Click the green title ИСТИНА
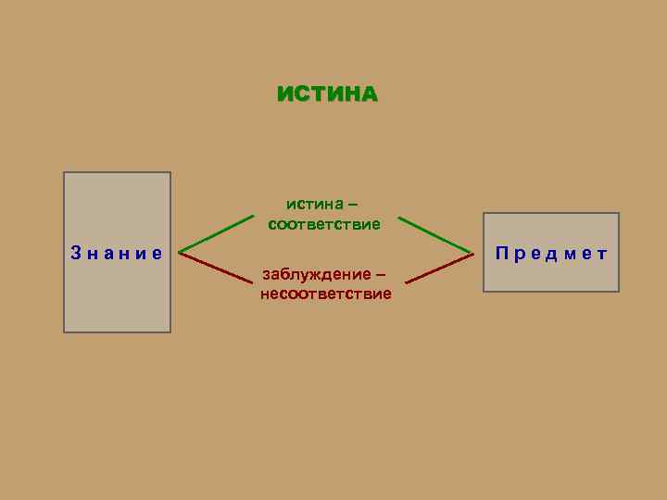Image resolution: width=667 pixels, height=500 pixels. pyautogui.click(x=327, y=94)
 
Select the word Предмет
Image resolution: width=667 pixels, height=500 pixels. pyautogui.click(x=551, y=252)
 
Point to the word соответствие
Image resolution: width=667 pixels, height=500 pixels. pyautogui.click(x=324, y=224)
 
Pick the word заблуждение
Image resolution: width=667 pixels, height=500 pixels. pyautogui.click(x=312, y=274)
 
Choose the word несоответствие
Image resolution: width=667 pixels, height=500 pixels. pyautogui.click(x=326, y=294)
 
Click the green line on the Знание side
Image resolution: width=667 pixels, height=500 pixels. pyautogui.click(x=216, y=233)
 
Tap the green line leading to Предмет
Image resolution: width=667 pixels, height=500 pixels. pyautogui.click(x=434, y=235)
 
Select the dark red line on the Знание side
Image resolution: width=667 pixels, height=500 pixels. pyautogui.click(x=216, y=266)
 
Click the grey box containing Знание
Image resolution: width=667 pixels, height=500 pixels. pyautogui.click(x=117, y=296)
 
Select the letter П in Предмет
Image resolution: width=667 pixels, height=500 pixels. pyautogui.click(x=501, y=252)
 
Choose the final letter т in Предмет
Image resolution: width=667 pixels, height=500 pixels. pyautogui.click(x=602, y=252)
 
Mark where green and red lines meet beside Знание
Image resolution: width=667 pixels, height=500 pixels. pyautogui.click(x=180, y=251)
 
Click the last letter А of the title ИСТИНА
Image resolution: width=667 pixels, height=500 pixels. pyautogui.click(x=369, y=94)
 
